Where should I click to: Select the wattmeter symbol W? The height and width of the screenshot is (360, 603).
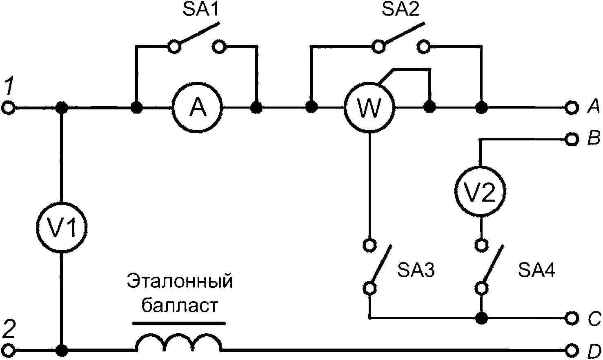(370, 108)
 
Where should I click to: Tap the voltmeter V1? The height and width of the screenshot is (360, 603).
(62, 228)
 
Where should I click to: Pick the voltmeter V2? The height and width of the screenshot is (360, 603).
(481, 191)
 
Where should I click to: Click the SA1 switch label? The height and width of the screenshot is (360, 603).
(200, 11)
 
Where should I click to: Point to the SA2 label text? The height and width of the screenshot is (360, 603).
(401, 11)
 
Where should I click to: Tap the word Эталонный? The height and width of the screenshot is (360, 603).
(180, 282)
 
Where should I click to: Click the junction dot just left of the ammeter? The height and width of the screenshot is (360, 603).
(137, 108)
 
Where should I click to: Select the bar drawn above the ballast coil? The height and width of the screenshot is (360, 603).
(179, 323)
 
